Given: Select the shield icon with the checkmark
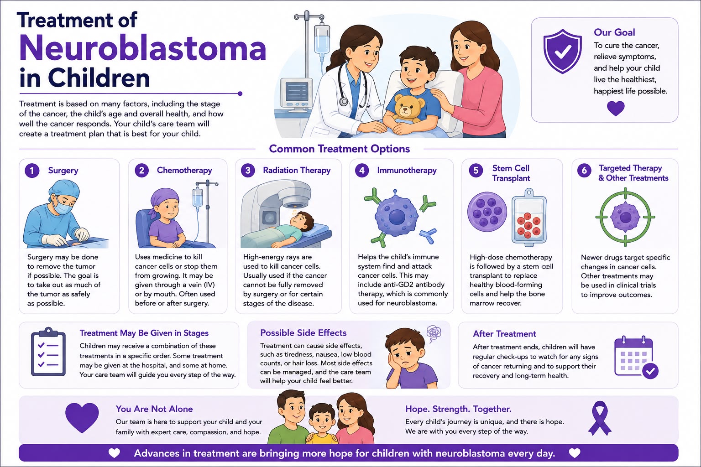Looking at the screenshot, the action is (x=563, y=51).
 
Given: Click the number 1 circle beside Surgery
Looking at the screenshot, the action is (x=32, y=171).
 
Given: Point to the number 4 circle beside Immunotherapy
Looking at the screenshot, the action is (x=362, y=171).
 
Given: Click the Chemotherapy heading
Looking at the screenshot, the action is (x=184, y=170).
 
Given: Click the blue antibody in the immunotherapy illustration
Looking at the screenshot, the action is (x=428, y=235).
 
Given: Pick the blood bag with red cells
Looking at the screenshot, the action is (x=529, y=218).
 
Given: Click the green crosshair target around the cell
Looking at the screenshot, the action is (x=625, y=217).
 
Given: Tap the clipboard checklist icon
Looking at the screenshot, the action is (x=48, y=352).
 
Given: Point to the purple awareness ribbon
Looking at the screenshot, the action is (x=600, y=418).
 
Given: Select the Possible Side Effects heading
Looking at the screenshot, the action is (x=303, y=333).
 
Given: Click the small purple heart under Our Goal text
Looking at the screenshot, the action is (x=616, y=108).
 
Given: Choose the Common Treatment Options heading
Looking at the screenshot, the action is (x=339, y=149).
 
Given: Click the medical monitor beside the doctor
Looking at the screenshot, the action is (x=296, y=94).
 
